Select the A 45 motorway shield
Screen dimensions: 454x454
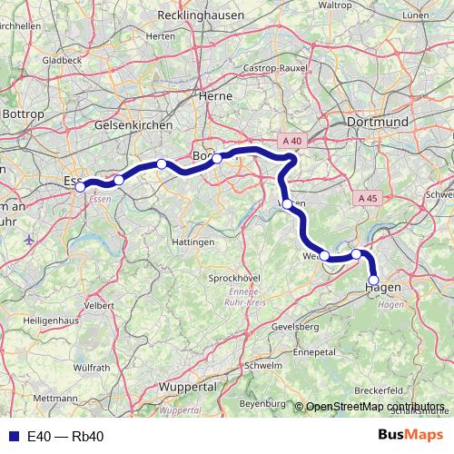pos(367,198)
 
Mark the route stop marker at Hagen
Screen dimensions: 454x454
pos(373,280)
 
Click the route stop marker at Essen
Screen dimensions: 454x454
pos(80,187)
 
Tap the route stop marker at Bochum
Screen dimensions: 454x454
pos(217,158)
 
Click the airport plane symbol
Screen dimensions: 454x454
pos(30,241)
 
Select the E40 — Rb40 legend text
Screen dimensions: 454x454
pos(65,437)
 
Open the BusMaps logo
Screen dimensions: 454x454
pos(410,436)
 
